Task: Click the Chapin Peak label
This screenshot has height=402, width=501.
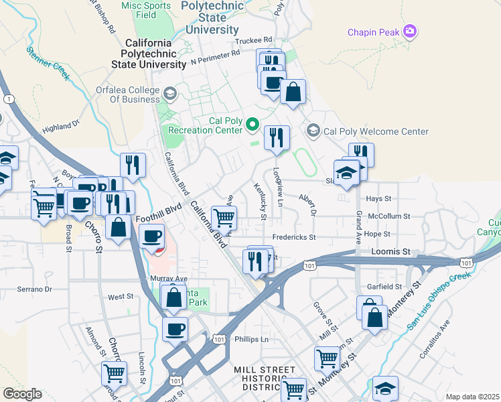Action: (372, 32)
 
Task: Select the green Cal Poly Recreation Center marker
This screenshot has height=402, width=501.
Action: (253, 125)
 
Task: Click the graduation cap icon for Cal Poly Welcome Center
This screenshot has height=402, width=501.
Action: (313, 129)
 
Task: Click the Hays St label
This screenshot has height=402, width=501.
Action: (378, 199)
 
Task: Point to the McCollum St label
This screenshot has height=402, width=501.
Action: (389, 216)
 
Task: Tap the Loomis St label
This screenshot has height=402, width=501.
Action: (390, 251)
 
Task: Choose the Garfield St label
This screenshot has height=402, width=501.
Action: (384, 286)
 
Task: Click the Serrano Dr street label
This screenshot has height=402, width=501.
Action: (34, 289)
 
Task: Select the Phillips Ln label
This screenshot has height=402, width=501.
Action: (251, 339)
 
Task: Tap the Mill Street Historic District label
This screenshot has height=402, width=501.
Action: (264, 379)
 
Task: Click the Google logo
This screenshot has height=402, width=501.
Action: (22, 393)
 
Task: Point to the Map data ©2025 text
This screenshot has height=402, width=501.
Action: (472, 397)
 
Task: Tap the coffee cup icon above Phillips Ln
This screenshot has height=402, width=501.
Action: (175, 329)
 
